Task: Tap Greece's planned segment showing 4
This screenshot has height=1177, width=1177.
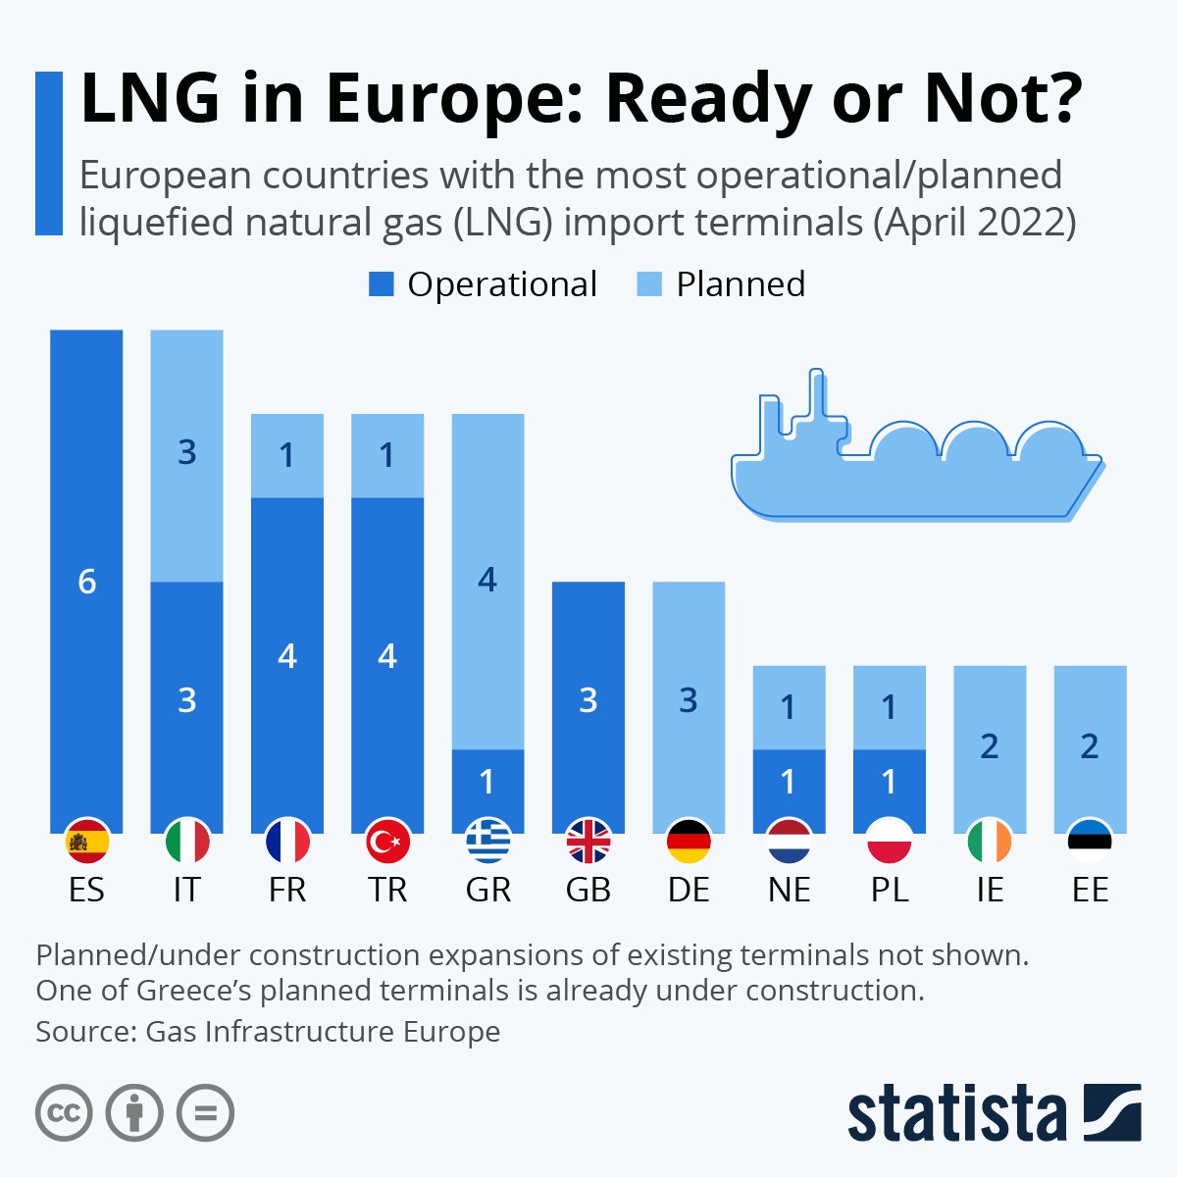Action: click(487, 581)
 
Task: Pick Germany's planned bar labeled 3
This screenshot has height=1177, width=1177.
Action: click(689, 700)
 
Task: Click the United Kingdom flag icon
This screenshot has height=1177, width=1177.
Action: click(588, 841)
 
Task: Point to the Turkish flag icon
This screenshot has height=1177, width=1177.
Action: click(387, 841)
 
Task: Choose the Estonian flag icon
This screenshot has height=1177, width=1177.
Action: click(1090, 841)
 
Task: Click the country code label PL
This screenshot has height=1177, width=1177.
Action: click(890, 890)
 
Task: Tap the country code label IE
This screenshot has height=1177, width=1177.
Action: click(990, 890)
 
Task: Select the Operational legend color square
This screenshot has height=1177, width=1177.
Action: click(381, 284)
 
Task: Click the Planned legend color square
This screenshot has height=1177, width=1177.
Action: click(649, 284)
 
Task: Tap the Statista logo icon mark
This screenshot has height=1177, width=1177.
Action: click(1112, 1111)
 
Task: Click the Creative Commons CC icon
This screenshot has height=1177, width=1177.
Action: click(64, 1113)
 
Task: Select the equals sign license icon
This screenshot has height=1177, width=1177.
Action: click(206, 1113)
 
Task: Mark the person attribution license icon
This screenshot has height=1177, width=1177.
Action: click(134, 1113)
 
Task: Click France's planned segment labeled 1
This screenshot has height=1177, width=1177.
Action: click(287, 455)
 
